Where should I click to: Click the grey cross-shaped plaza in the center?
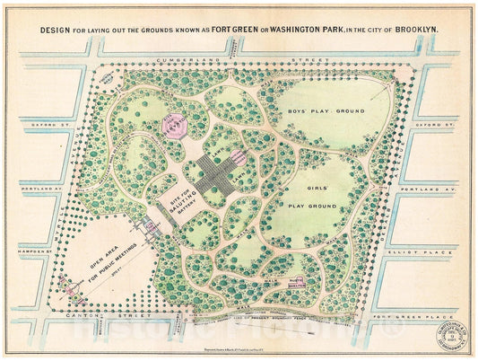[215, 173]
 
